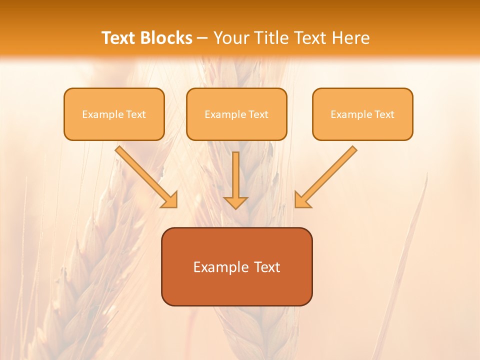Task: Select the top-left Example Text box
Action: tap(114, 114)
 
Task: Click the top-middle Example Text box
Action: tap(236, 114)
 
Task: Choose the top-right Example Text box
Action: tap(362, 114)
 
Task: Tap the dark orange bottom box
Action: tap(236, 266)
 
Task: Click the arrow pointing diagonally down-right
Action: tap(145, 175)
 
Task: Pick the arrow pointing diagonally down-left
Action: tap(327, 175)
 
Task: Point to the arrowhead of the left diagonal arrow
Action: tap(170, 200)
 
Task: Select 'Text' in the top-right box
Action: tap(384, 114)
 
